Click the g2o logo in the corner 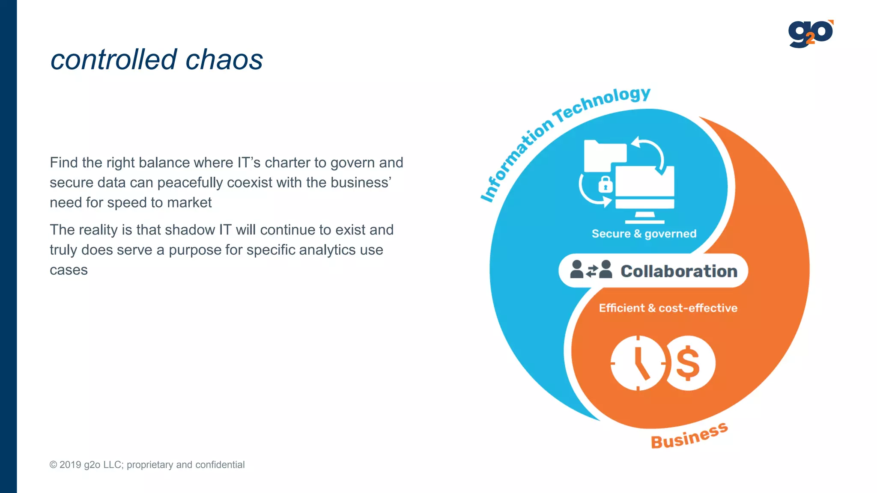pyautogui.click(x=810, y=34)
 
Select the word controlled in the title pyautogui.click(x=113, y=59)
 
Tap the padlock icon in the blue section pyautogui.click(x=605, y=185)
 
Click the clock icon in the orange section pyautogui.click(x=638, y=363)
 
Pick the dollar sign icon pyautogui.click(x=689, y=363)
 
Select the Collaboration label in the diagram pyautogui.click(x=679, y=271)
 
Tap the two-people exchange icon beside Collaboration pyautogui.click(x=591, y=270)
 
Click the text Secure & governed pyautogui.click(x=644, y=234)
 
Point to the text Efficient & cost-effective pyautogui.click(x=668, y=308)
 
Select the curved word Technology pyautogui.click(x=602, y=103)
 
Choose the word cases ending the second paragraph pyautogui.click(x=69, y=270)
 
